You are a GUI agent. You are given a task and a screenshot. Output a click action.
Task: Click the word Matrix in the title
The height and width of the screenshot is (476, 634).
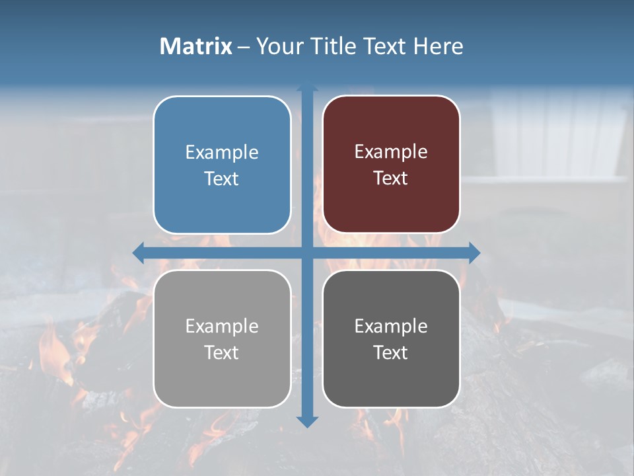coord(196,46)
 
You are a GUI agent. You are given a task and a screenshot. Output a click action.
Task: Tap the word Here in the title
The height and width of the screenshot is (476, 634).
coord(439,46)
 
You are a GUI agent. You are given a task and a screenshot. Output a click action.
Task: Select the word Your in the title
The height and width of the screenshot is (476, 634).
coord(279,46)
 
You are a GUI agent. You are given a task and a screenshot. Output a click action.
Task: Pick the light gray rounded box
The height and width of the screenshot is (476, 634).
coord(222,383)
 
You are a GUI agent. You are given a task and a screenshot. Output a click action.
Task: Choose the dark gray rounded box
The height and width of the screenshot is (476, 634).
coord(391,383)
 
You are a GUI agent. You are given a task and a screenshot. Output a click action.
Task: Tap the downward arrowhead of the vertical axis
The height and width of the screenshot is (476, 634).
coord(307,421)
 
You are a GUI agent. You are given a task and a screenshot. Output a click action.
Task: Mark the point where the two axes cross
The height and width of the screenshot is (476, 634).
coord(307,253)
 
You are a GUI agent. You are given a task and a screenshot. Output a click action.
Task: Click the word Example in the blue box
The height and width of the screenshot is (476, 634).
coord(222,153)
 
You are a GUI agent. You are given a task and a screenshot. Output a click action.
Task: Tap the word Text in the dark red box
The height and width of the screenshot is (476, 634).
coord(391,178)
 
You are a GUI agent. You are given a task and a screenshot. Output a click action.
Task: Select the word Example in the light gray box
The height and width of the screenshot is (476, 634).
coord(222,327)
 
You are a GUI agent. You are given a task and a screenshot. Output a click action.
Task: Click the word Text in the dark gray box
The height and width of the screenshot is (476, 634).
coord(391,353)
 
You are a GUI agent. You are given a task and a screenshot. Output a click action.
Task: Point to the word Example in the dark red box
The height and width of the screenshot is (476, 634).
coord(391,152)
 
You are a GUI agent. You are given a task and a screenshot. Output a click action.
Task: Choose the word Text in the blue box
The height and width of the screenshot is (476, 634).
coord(222,179)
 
